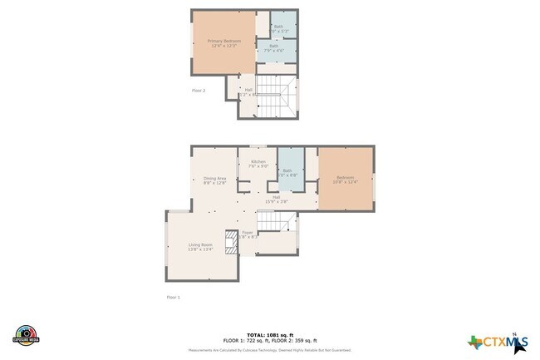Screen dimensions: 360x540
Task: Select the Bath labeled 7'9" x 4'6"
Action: point(273,48)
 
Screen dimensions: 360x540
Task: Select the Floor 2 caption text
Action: point(198,90)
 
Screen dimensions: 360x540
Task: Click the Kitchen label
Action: point(258,163)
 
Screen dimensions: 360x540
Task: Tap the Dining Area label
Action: point(215,180)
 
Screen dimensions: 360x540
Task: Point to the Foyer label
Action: point(247,234)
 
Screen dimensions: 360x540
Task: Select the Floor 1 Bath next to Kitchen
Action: point(288,172)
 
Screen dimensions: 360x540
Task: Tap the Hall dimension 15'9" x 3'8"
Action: point(276,202)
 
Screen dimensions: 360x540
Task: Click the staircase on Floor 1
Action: point(277,222)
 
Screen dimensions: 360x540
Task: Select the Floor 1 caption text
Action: point(173,297)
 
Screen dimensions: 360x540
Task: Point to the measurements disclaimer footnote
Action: point(269,351)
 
